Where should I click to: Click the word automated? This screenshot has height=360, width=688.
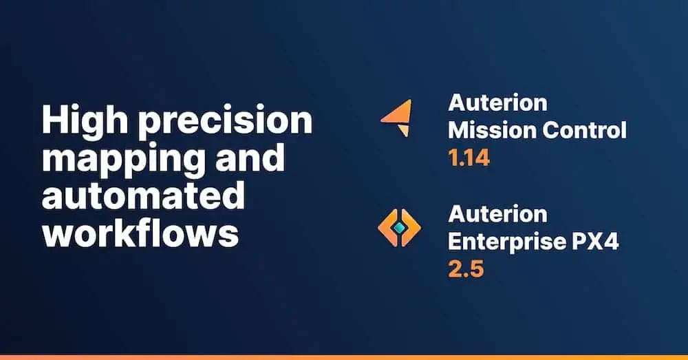(144, 195)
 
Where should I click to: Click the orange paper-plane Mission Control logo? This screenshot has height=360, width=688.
(398, 118)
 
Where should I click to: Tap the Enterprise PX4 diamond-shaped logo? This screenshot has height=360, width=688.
(399, 227)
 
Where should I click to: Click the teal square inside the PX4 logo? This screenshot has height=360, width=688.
(399, 227)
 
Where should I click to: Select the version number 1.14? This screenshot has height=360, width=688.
(469, 158)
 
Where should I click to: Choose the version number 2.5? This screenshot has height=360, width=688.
(466, 268)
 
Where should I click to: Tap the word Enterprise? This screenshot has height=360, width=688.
(505, 242)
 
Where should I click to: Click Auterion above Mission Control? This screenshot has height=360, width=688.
(498, 103)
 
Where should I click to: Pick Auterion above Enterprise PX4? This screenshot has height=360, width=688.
(498, 214)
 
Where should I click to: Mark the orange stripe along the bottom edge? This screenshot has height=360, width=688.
(344, 357)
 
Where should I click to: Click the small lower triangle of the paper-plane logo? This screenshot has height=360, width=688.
(405, 130)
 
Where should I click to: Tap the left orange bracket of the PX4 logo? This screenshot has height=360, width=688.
(387, 227)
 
